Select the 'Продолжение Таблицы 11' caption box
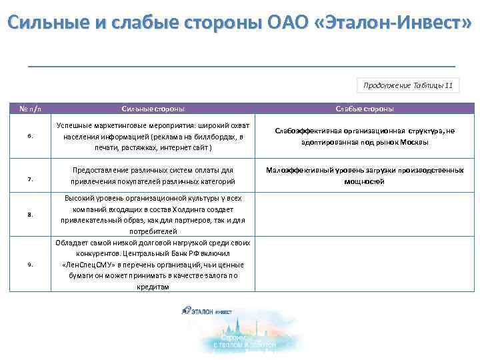click(x=407, y=85)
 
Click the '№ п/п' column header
click(x=31, y=109)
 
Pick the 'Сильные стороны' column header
click(x=153, y=109)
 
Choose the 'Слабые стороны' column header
click(x=365, y=109)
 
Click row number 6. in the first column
click(x=31, y=137)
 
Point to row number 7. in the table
click(x=31, y=179)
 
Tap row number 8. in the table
click(x=31, y=215)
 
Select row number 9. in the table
click(x=31, y=265)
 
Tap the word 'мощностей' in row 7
click(x=364, y=181)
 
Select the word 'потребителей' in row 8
click(x=153, y=231)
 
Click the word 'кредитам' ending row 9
click(x=153, y=287)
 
